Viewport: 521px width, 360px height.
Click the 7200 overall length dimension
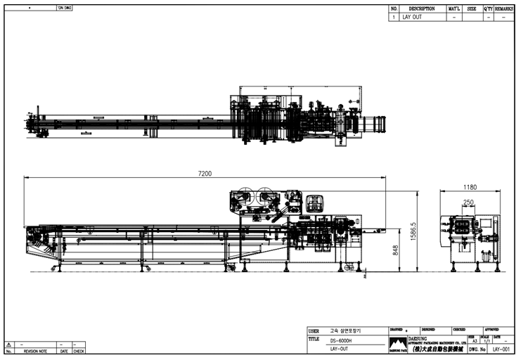(205, 173)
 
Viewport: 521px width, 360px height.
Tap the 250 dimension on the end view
(468, 202)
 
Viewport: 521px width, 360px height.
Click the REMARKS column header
(504, 9)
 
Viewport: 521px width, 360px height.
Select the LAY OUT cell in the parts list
(412, 17)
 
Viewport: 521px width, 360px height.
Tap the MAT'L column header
(454, 9)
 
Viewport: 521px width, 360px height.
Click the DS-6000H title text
(341, 340)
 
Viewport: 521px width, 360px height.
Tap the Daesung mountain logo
(398, 343)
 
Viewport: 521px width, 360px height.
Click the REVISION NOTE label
(35, 351)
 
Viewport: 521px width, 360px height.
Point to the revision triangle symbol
(8, 345)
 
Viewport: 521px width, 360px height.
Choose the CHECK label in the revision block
(79, 351)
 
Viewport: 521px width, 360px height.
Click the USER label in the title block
(314, 330)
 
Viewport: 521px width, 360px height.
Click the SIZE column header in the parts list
(471, 9)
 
